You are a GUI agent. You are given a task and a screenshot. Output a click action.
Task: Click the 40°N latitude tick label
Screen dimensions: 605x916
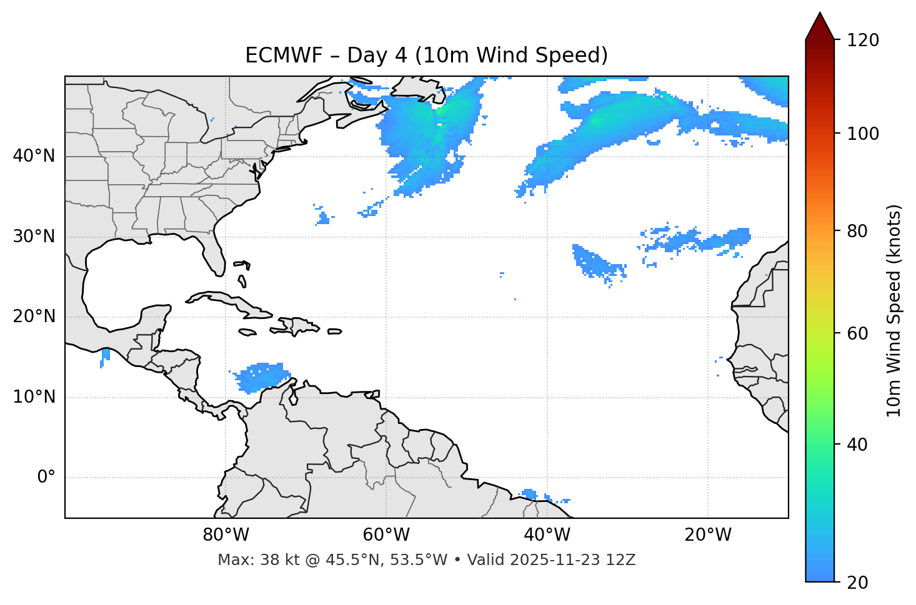(x=34, y=156)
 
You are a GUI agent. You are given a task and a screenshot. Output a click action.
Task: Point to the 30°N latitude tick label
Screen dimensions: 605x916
(x=34, y=237)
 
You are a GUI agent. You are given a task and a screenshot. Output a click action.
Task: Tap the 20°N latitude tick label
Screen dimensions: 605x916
(x=34, y=317)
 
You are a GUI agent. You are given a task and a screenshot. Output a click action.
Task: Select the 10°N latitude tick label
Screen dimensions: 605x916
(x=34, y=397)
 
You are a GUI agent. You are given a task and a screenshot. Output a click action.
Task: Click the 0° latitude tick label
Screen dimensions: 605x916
(x=46, y=478)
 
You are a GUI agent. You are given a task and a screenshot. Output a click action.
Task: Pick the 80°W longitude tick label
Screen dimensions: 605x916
(x=226, y=535)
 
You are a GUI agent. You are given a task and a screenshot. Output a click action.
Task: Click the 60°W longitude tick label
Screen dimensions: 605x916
(x=386, y=535)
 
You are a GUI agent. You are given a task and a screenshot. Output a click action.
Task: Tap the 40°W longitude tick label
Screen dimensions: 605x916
(x=547, y=535)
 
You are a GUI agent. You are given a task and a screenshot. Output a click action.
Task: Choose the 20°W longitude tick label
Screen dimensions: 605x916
(x=708, y=535)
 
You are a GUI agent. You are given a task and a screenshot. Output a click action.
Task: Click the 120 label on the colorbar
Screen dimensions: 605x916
(x=862, y=41)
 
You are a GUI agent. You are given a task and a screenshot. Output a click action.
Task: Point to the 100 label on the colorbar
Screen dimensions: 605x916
(x=862, y=134)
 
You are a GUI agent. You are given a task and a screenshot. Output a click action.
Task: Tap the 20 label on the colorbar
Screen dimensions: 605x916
(x=857, y=583)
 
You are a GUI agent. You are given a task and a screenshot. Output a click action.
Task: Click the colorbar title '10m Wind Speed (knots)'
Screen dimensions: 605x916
(x=894, y=311)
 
